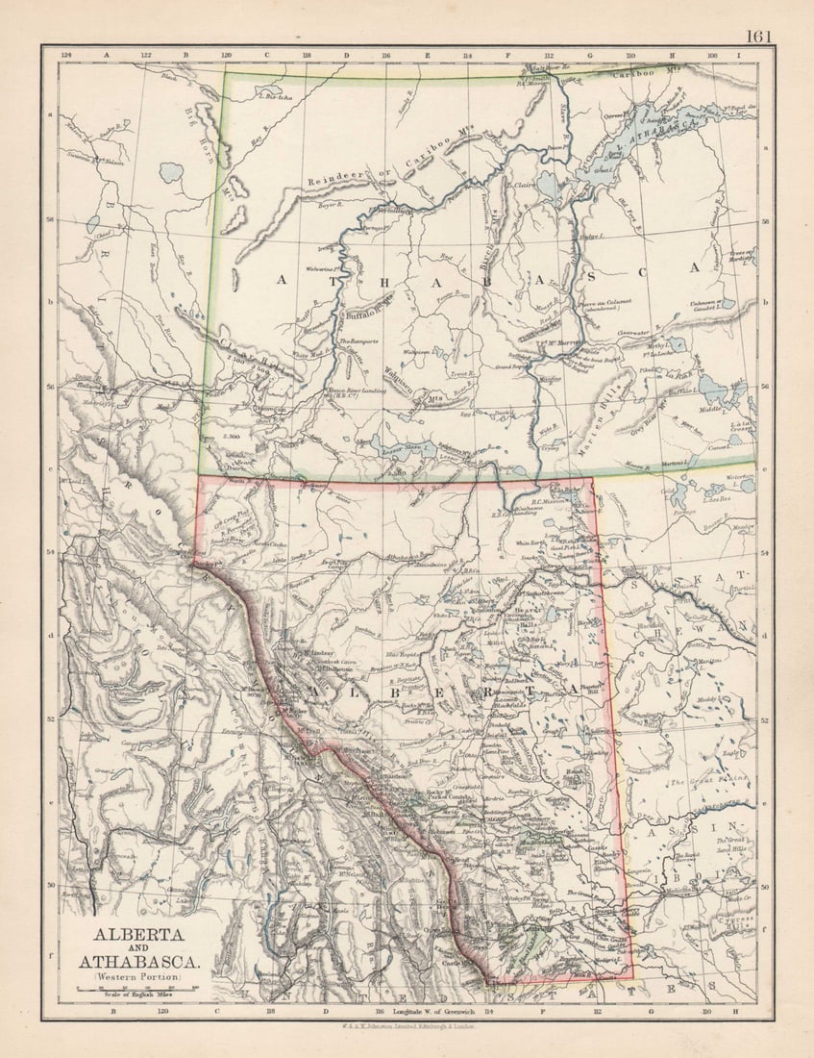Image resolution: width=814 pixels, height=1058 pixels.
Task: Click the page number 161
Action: (x=758, y=37)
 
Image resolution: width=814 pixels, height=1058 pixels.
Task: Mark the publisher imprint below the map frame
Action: (x=414, y=1027)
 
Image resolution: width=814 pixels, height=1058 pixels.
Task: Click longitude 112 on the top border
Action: (x=549, y=55)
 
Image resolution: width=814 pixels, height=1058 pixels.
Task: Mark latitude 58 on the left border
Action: (x=51, y=219)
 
